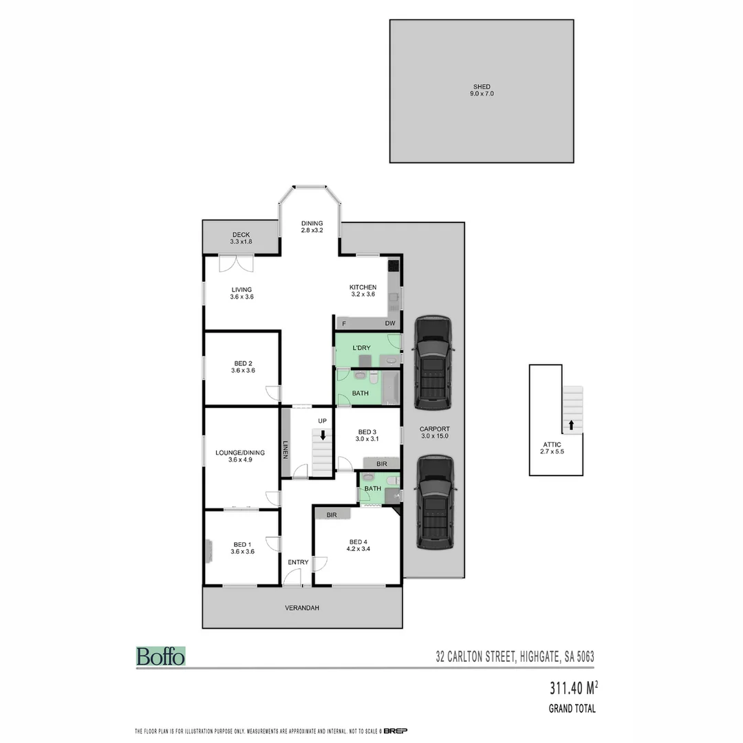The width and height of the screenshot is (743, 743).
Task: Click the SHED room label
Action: (x=481, y=87)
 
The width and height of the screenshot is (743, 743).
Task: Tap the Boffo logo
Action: (x=160, y=656)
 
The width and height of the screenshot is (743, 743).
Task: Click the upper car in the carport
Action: (x=433, y=361)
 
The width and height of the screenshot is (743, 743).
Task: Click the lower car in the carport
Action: (x=433, y=502)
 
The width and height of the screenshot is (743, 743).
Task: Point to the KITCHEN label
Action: (x=363, y=287)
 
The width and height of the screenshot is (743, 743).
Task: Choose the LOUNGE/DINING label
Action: (x=240, y=453)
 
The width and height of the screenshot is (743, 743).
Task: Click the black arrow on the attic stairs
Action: (x=570, y=424)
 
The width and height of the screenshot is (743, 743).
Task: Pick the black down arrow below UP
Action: (x=323, y=435)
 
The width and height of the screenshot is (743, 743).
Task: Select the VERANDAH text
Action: (x=302, y=608)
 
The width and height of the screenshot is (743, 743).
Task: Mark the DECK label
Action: (x=241, y=235)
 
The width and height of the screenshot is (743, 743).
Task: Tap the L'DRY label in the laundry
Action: (x=361, y=348)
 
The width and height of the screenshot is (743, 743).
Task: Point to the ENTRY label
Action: (x=298, y=563)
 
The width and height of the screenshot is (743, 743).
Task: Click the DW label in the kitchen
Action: (x=390, y=323)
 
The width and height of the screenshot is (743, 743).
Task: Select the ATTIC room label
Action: (x=552, y=444)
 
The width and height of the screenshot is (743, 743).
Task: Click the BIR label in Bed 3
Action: (x=382, y=464)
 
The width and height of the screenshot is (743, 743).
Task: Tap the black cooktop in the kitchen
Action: (x=394, y=266)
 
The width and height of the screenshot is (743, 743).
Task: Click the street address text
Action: (x=515, y=657)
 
